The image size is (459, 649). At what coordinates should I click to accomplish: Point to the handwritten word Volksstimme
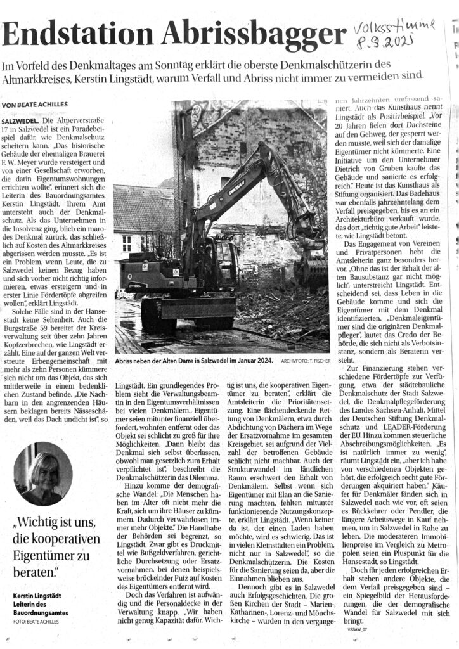[396, 28]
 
